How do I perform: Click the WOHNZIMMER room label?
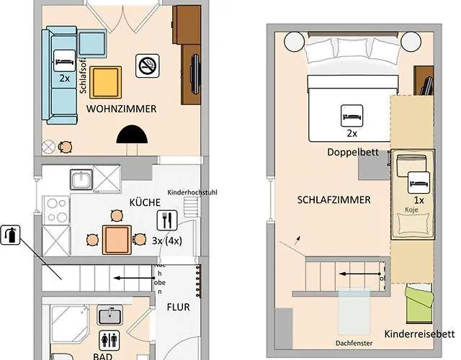coord(122,109)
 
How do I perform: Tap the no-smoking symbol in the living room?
coord(148,66)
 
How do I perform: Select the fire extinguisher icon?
coord(10,234)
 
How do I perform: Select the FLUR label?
coord(179,306)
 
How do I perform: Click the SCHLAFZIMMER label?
coord(334,199)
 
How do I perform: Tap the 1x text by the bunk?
coord(419,200)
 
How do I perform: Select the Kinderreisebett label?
coord(419,334)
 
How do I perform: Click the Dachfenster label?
coord(354,343)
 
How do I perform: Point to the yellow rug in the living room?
coord(105,82)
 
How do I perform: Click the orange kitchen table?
coord(117,239)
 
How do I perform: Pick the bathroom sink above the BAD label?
coord(109,315)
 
